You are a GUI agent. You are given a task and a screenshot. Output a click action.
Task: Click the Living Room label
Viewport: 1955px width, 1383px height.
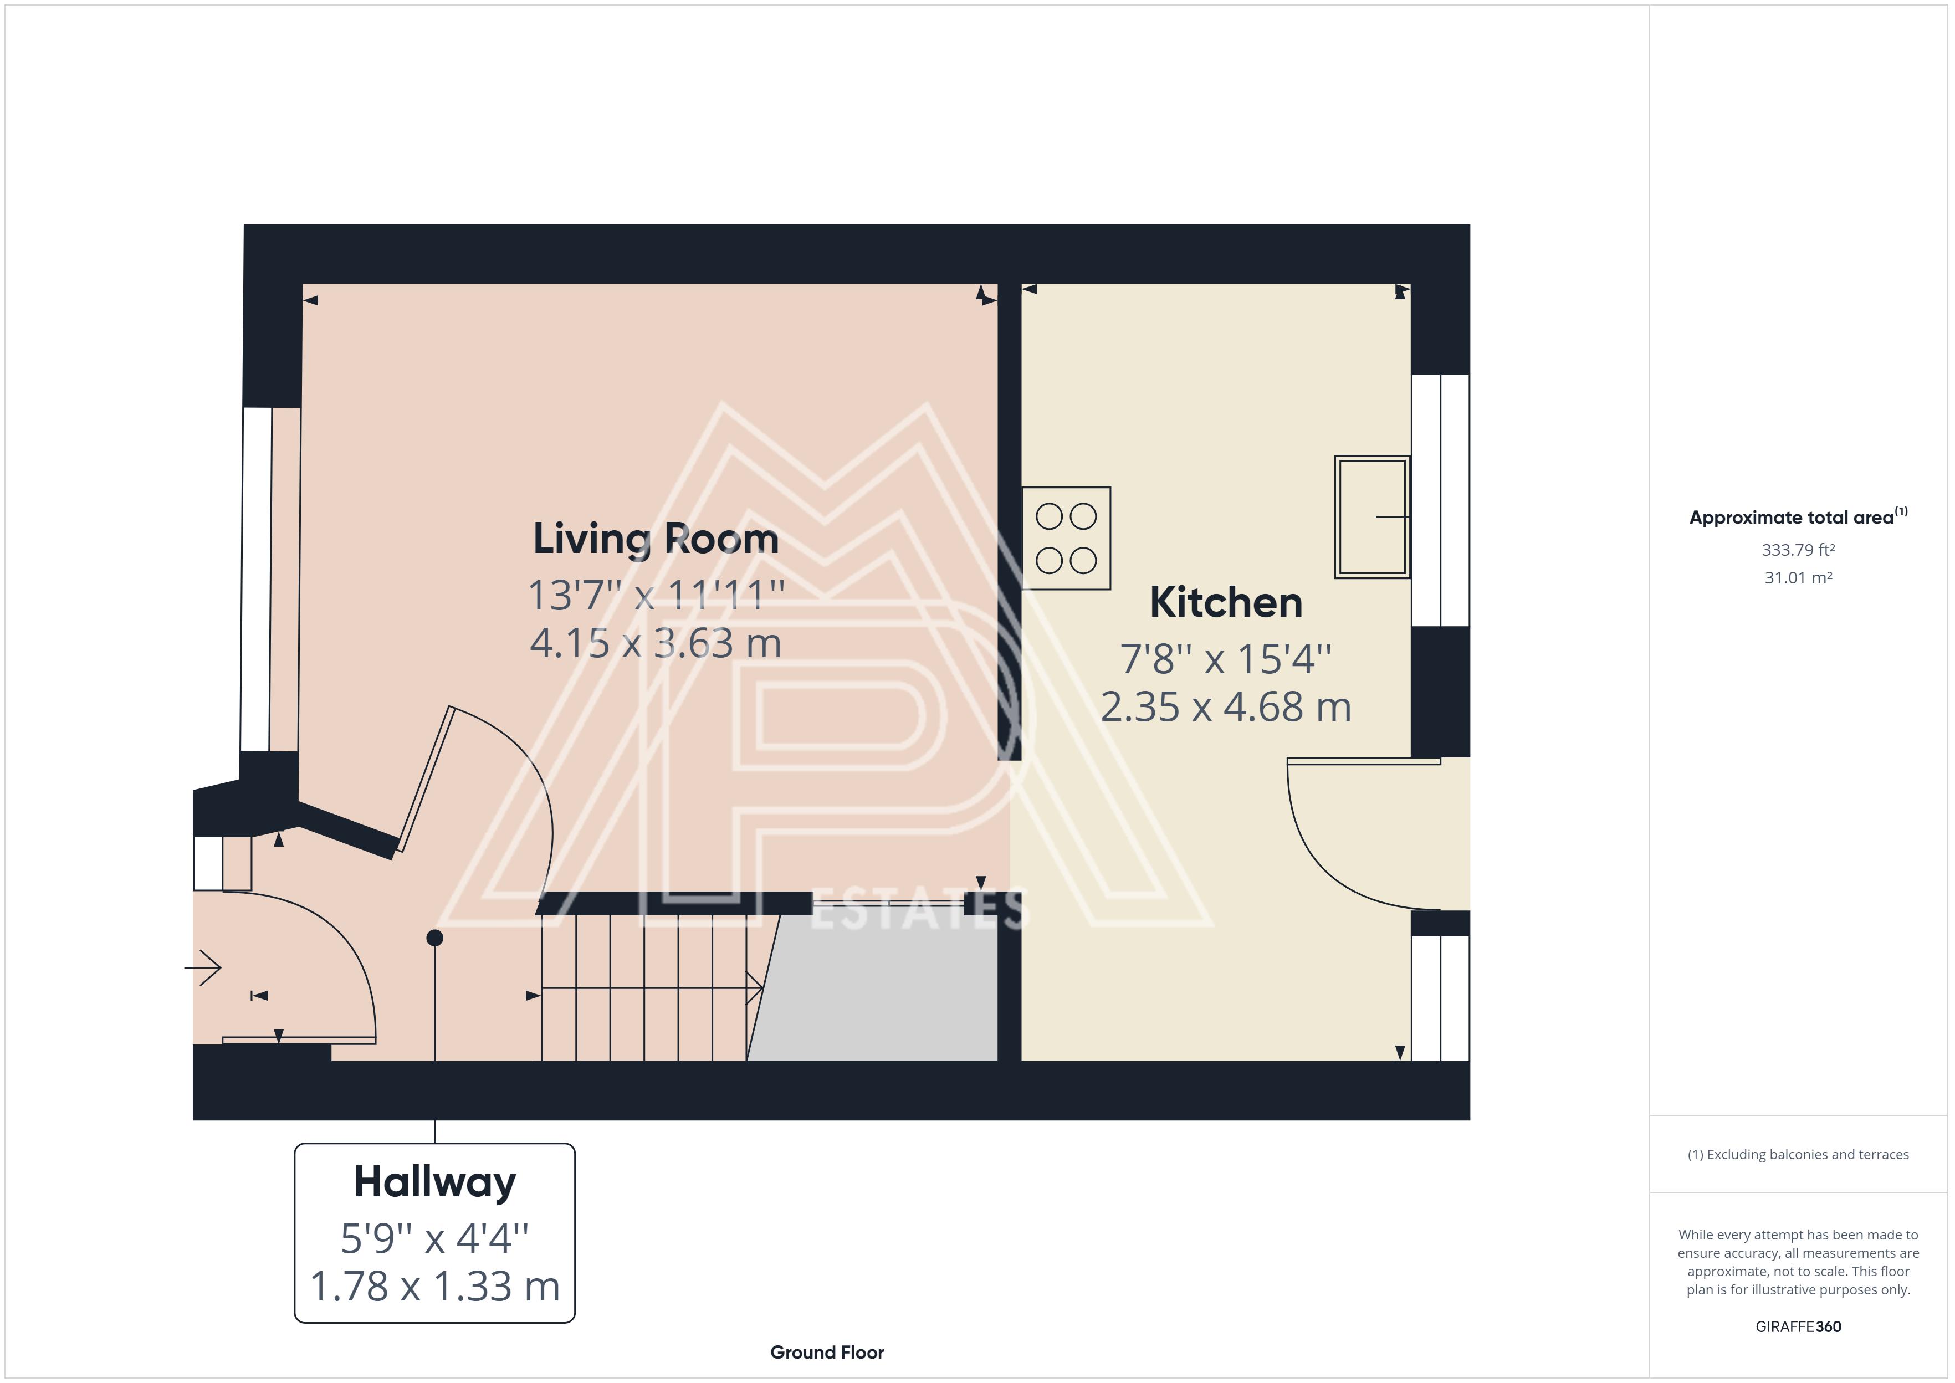[x=656, y=539]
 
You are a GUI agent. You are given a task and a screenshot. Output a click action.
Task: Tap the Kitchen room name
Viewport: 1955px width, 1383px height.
[x=1226, y=602]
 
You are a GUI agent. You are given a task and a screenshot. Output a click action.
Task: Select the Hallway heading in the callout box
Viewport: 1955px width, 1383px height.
[x=435, y=1183]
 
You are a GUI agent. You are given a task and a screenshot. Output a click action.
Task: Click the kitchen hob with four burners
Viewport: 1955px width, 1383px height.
[x=1066, y=538]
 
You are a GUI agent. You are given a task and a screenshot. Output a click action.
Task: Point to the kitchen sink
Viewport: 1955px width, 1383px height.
[x=1371, y=517]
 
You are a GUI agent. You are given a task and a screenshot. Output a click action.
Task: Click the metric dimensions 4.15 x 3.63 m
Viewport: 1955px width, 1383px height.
[x=656, y=643]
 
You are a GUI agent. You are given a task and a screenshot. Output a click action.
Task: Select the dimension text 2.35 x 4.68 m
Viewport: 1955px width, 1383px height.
[x=1226, y=707]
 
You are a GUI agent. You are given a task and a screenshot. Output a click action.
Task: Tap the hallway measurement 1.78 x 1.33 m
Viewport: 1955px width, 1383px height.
[x=435, y=1286]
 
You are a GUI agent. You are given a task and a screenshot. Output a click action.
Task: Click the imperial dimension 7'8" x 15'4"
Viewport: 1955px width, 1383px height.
[x=1226, y=658]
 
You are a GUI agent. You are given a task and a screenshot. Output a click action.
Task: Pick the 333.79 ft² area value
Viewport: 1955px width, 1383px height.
[x=1798, y=550]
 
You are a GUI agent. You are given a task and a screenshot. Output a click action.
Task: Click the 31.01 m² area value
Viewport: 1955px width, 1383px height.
[x=1798, y=577]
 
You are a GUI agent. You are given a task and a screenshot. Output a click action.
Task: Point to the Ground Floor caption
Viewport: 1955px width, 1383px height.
[x=827, y=1353]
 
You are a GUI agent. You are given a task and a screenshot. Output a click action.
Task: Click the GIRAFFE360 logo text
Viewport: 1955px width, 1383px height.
[x=1798, y=1327]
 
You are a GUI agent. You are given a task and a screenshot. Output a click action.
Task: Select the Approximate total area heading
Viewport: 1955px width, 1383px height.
[x=1798, y=517]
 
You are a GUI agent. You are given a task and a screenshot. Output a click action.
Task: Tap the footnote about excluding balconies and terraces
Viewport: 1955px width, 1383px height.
[x=1798, y=1155]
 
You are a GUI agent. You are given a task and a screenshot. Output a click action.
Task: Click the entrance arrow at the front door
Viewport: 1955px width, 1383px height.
[x=203, y=967]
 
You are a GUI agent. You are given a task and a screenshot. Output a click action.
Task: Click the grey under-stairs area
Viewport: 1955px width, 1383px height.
[x=877, y=988]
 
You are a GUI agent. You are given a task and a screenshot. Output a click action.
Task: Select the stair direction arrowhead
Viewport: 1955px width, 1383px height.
[x=754, y=988]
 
